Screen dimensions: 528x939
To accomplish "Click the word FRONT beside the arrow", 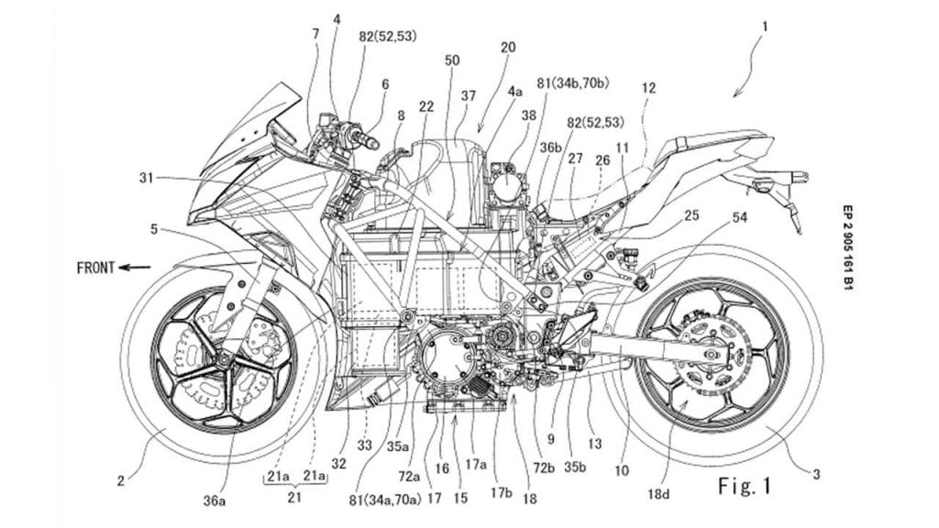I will point(95,268).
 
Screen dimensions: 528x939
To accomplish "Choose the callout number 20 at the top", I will point(507,45).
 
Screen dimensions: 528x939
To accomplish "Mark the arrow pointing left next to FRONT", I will point(136,268).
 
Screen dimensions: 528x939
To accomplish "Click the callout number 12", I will point(648,88).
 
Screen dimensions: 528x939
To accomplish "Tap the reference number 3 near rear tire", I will point(817,474).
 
